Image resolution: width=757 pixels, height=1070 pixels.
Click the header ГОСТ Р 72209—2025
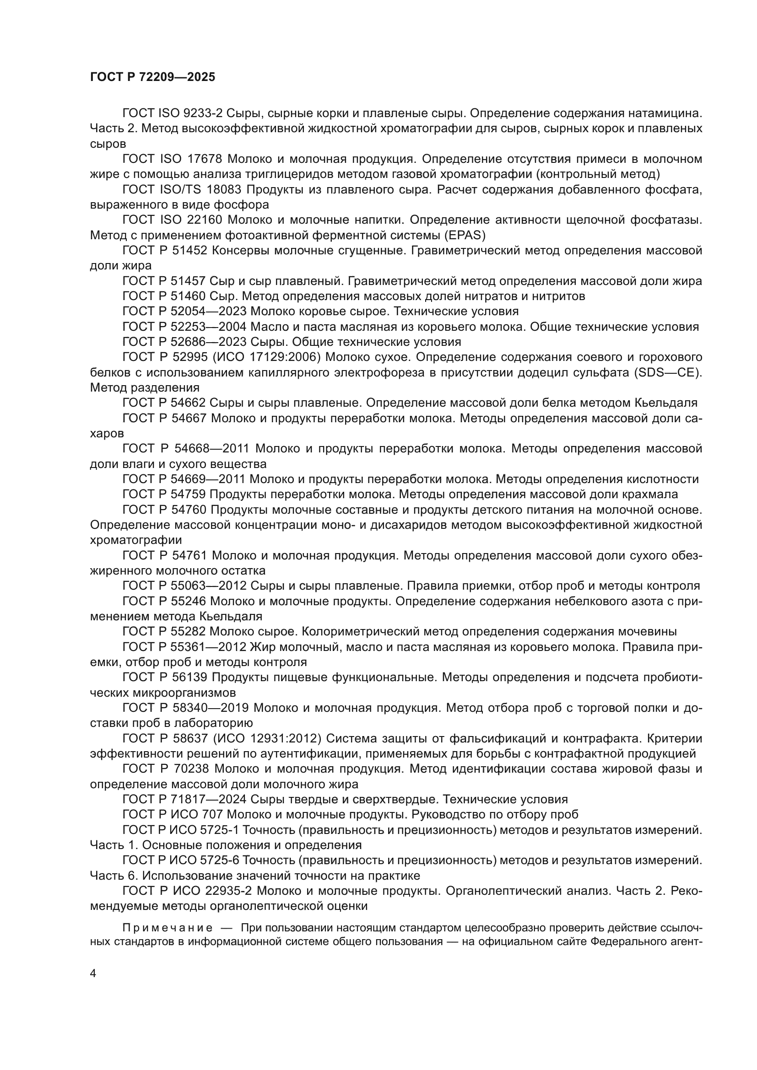(152, 77)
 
